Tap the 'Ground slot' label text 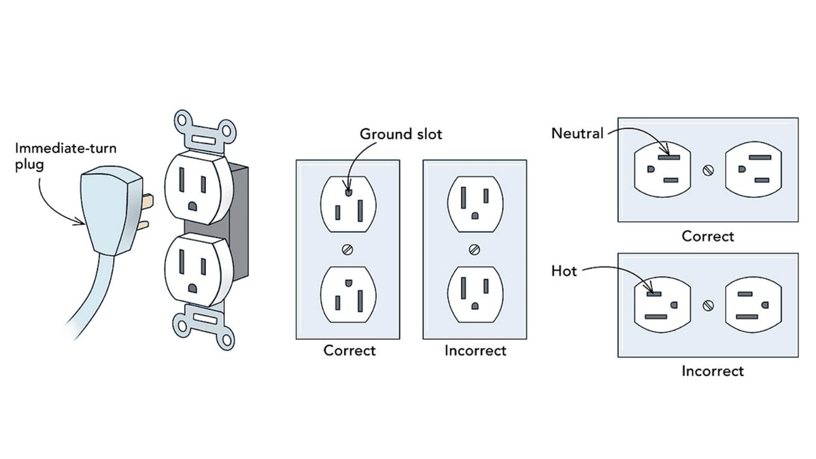401,134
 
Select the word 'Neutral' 577,133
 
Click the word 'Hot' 564,271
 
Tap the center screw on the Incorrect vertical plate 474,250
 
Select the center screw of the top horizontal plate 708,169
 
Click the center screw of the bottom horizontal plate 708,305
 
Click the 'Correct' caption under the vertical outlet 349,351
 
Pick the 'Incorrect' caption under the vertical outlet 475,351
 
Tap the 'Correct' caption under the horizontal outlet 708,237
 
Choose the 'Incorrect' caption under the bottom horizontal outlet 713,371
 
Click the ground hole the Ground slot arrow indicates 348,192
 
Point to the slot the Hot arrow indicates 653,293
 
